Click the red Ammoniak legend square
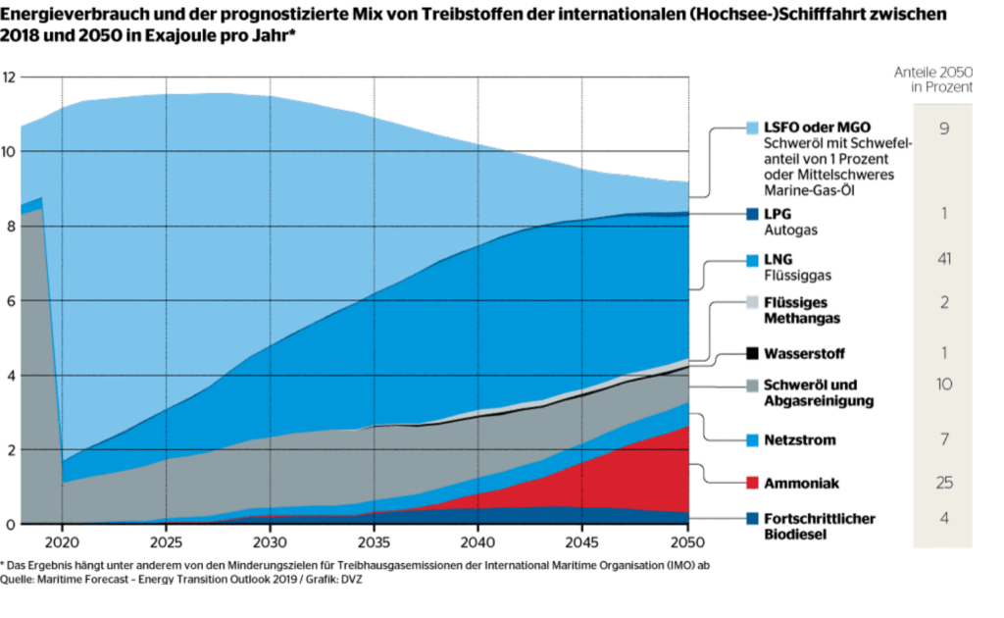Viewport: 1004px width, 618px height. click(753, 483)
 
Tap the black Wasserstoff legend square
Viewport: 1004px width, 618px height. click(753, 353)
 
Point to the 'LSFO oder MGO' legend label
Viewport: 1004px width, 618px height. click(817, 128)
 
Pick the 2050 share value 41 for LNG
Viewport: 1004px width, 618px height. click(943, 259)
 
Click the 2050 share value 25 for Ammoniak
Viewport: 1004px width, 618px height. click(943, 483)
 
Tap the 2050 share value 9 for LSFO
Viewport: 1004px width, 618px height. click(943, 129)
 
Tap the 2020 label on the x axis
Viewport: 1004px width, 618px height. click(62, 541)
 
